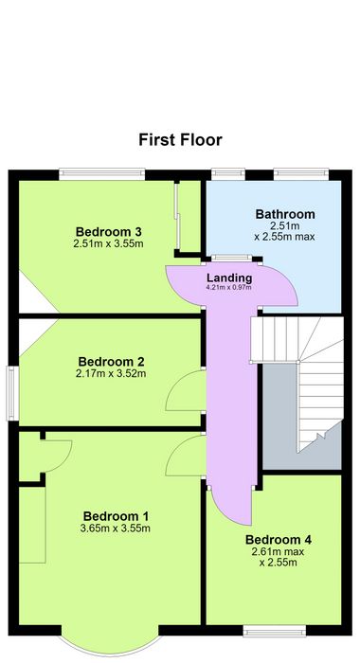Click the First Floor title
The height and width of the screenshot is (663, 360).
(180, 140)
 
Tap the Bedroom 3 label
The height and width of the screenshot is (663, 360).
(108, 232)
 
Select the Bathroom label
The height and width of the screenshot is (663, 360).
(285, 214)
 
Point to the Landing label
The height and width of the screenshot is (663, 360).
(229, 278)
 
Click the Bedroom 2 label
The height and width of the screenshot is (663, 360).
(111, 362)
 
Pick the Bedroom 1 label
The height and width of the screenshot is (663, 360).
(116, 516)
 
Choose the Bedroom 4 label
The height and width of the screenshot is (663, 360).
(279, 540)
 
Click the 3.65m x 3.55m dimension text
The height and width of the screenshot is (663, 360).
(116, 529)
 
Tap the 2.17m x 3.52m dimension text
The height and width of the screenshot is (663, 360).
(111, 374)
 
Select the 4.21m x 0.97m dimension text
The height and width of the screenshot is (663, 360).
(229, 288)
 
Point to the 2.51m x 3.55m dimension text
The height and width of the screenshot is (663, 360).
(108, 243)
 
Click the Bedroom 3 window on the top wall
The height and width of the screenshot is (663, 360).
(102, 174)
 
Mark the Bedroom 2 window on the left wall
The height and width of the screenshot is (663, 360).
(12, 394)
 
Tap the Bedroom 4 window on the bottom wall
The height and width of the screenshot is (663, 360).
(275, 630)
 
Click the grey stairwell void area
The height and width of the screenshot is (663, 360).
(280, 417)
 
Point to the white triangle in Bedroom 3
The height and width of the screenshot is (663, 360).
(34, 293)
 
